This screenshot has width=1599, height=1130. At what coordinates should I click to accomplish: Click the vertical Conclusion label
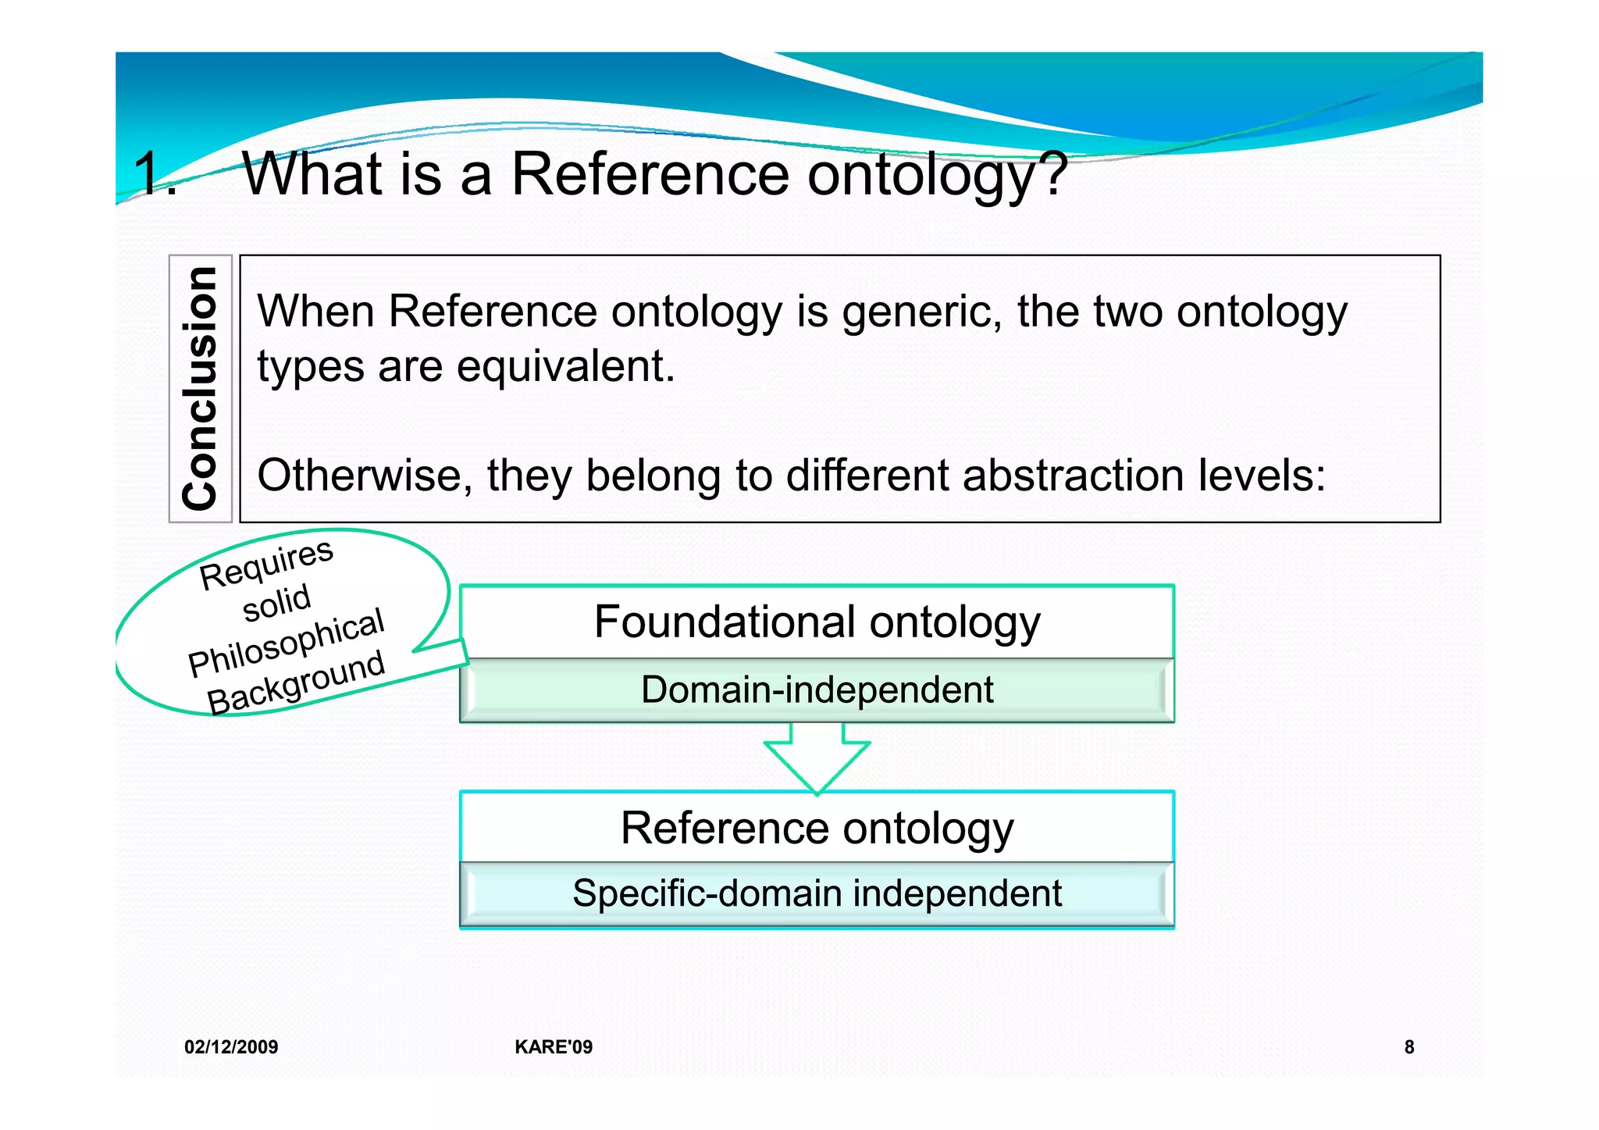[200, 388]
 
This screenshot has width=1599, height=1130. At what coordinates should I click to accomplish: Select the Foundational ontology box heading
[817, 622]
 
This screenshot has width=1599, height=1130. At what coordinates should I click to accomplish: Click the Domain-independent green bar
[817, 690]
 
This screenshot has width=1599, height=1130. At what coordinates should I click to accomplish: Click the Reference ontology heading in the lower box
[817, 828]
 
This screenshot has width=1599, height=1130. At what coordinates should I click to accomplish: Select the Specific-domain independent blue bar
[817, 893]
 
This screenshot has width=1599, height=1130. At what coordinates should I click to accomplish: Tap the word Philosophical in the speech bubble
[287, 642]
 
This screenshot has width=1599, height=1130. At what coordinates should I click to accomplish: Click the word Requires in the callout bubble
[266, 565]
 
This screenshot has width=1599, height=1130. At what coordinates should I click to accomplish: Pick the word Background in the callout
[297, 683]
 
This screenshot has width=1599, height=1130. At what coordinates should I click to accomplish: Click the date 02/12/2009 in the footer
[231, 1047]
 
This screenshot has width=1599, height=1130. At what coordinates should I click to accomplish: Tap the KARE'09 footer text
[554, 1047]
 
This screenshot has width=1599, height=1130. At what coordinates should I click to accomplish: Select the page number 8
[1408, 1047]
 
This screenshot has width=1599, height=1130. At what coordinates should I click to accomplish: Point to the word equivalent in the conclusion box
[565, 365]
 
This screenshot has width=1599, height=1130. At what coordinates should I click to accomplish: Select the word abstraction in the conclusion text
[1073, 475]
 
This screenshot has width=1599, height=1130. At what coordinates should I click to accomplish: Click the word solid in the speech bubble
[277, 603]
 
